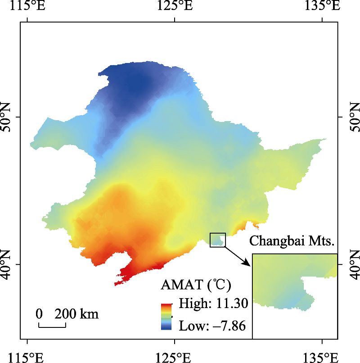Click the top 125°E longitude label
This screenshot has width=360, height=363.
pyautogui.click(x=175, y=6)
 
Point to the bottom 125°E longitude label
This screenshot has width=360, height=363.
pyautogui.click(x=175, y=357)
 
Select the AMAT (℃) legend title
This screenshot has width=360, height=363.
pyautogui.click(x=196, y=285)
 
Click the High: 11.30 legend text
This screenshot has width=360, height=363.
pyautogui.click(x=213, y=304)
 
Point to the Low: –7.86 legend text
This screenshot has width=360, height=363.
pyautogui.click(x=212, y=325)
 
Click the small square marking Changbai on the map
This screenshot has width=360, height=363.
pyautogui.click(x=218, y=240)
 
